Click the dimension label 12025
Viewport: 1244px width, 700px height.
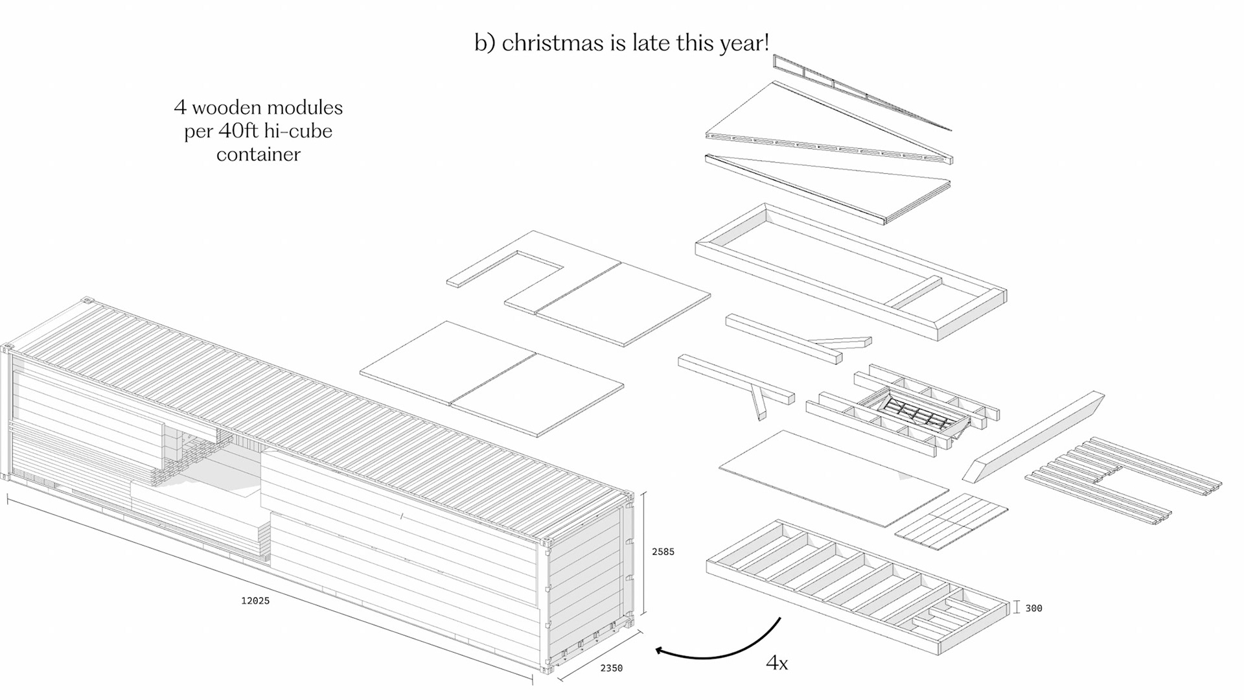click(x=255, y=601)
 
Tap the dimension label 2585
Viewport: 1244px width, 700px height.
click(x=663, y=552)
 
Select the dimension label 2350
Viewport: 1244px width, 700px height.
click(x=611, y=668)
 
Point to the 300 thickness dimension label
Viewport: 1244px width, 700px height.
click(x=1033, y=608)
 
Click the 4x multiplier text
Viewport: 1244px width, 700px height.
click(x=776, y=663)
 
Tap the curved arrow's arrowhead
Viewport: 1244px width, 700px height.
click(x=661, y=650)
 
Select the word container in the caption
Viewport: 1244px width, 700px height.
click(x=258, y=154)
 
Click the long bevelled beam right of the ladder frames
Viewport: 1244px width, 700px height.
click(x=1033, y=436)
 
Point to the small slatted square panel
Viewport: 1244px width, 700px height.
click(x=951, y=521)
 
